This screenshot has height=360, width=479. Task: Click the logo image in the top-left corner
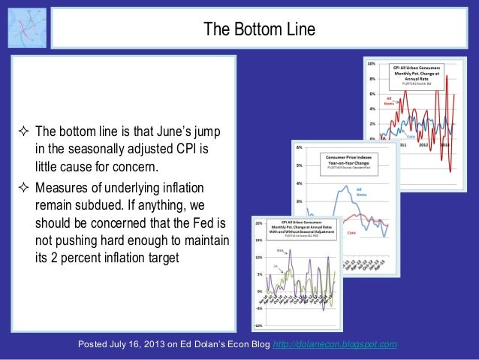[27, 27]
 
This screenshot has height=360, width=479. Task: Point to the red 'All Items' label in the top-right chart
[390, 100]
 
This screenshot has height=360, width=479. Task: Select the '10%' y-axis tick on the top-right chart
[371, 64]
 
